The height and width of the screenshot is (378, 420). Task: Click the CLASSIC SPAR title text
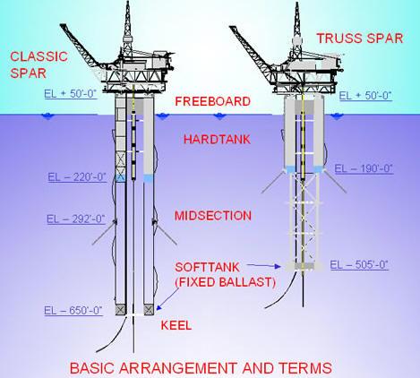click(39, 64)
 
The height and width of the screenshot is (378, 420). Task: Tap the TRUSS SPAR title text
click(360, 39)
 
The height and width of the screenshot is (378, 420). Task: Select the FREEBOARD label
click(212, 101)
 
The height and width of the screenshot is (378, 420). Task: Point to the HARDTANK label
click(217, 140)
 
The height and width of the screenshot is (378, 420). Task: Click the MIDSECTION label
click(213, 216)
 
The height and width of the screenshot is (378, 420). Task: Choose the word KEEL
click(176, 325)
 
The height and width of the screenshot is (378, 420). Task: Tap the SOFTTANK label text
click(207, 267)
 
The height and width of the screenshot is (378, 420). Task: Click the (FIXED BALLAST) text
click(225, 282)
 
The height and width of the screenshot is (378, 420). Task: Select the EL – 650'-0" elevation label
click(73, 311)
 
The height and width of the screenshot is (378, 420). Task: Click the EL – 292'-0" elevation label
click(76, 219)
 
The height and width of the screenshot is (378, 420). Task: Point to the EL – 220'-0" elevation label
click(77, 177)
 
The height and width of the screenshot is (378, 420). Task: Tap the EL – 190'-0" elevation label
click(364, 169)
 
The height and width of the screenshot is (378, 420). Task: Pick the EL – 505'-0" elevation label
click(359, 265)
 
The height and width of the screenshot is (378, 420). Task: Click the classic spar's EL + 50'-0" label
click(71, 94)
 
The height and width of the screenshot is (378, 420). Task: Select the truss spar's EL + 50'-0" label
click(365, 96)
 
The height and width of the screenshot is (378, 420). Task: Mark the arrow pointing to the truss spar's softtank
click(264, 265)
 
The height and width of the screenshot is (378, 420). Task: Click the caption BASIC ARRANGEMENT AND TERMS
click(201, 368)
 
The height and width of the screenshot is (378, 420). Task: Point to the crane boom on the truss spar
click(253, 48)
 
